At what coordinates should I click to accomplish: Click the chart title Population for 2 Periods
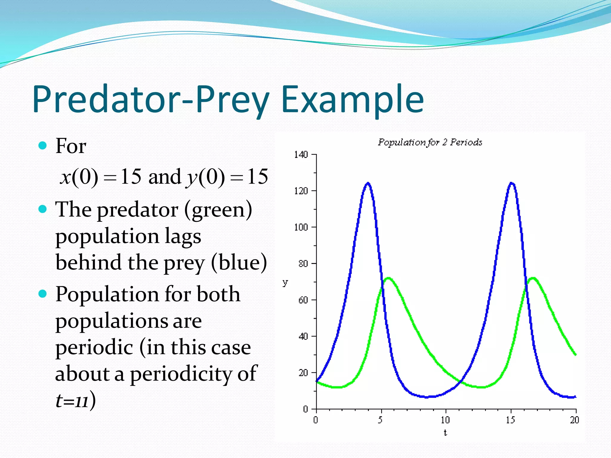(430, 142)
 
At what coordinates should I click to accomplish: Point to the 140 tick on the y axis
(301, 154)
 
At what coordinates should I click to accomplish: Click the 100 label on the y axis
(301, 227)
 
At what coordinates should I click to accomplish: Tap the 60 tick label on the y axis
(303, 300)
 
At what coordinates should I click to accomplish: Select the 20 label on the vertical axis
(303, 373)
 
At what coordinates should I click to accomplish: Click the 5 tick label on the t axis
(380, 420)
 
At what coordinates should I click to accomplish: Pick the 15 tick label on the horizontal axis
(510, 420)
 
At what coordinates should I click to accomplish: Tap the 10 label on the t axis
(445, 420)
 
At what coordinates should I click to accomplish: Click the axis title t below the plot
(445, 433)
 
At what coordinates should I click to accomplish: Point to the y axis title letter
(285, 282)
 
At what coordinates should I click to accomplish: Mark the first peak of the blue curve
(368, 183)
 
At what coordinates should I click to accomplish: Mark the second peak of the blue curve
(512, 183)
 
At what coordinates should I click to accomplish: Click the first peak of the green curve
(388, 278)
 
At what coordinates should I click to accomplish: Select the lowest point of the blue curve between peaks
(427, 397)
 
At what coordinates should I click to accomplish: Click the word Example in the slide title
(352, 99)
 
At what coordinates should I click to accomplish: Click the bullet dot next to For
(43, 146)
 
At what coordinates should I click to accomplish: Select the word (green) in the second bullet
(218, 210)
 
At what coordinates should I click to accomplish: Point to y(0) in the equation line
(206, 177)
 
